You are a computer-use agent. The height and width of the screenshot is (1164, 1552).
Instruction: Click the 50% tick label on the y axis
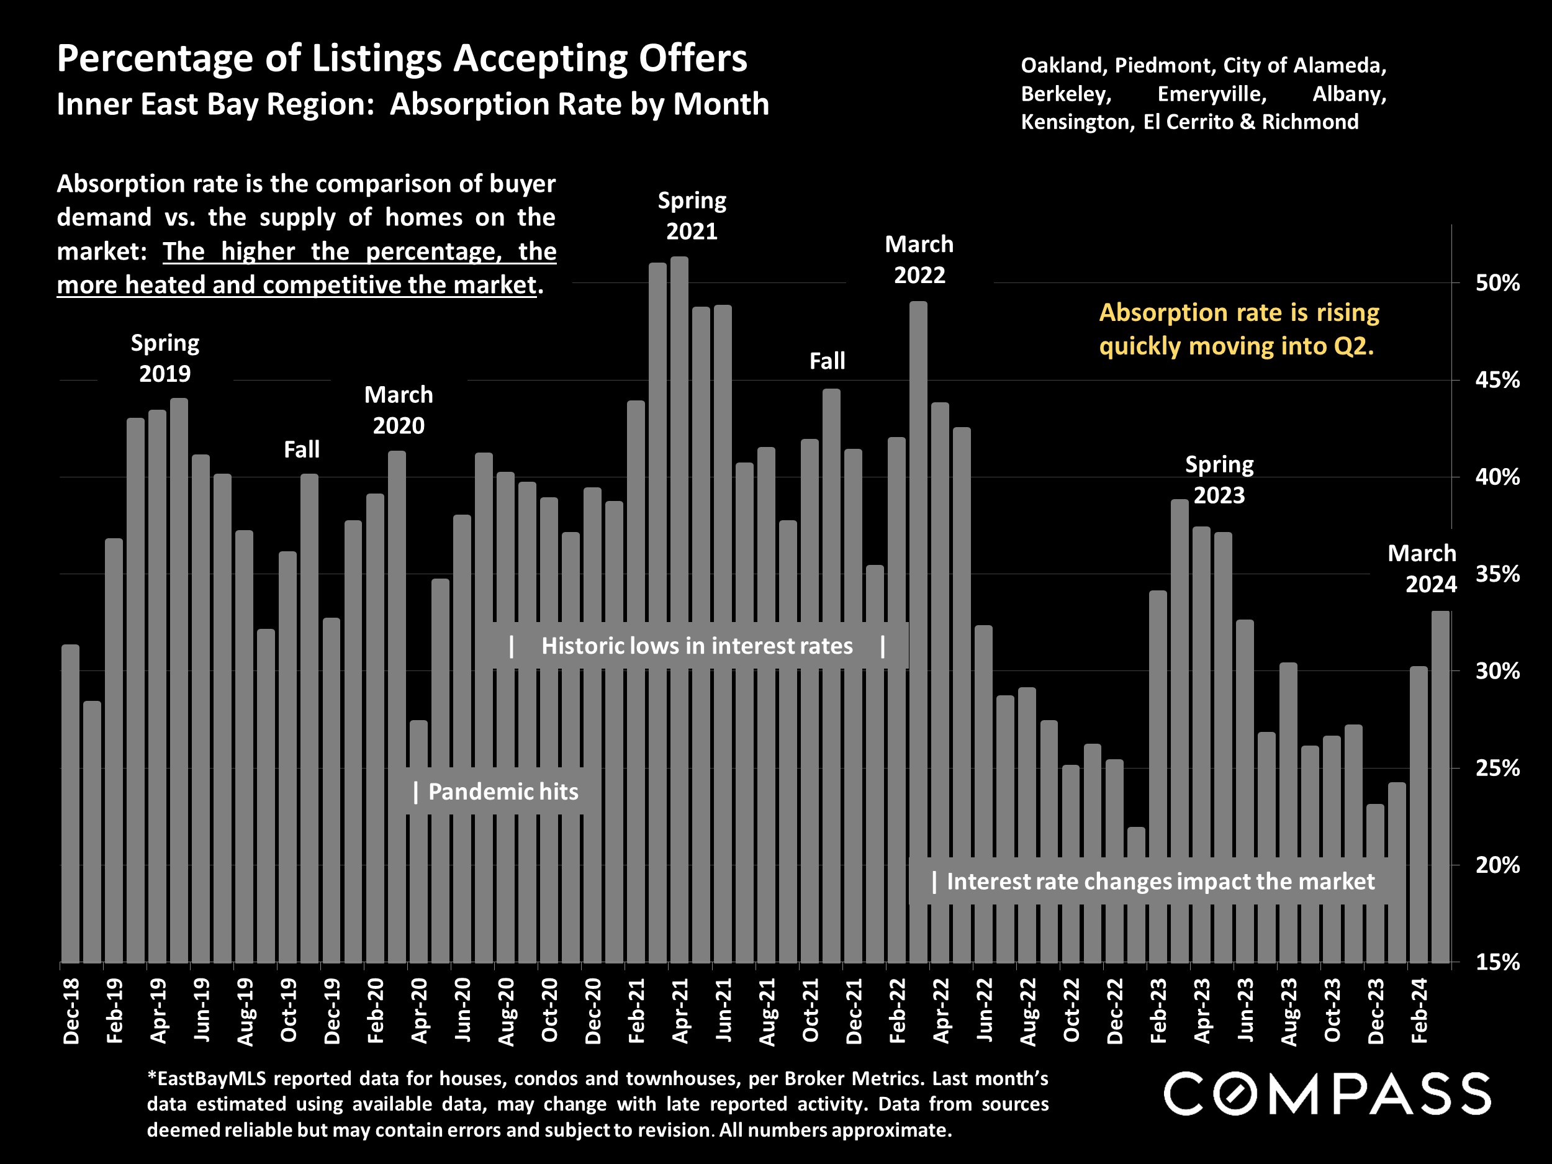[1497, 284]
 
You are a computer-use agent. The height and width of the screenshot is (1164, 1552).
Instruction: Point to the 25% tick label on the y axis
[1497, 769]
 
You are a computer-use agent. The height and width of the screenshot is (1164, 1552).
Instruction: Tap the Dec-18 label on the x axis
[71, 1012]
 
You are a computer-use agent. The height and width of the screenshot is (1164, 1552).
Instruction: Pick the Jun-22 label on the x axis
[985, 1012]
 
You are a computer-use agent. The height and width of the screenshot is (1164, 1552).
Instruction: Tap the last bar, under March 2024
[1440, 786]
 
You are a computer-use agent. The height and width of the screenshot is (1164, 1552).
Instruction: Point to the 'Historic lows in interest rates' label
[697, 646]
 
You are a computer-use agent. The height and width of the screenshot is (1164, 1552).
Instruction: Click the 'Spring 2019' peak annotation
[165, 358]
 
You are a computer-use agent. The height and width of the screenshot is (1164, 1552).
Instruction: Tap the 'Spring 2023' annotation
[1219, 480]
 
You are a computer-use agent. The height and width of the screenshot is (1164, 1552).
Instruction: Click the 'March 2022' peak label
[919, 259]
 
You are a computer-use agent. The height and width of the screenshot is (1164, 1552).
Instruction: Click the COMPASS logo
[1327, 1093]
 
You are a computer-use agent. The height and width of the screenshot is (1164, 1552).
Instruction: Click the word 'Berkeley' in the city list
[1066, 94]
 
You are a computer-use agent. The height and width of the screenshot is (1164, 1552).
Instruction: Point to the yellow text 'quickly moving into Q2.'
[1236, 346]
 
